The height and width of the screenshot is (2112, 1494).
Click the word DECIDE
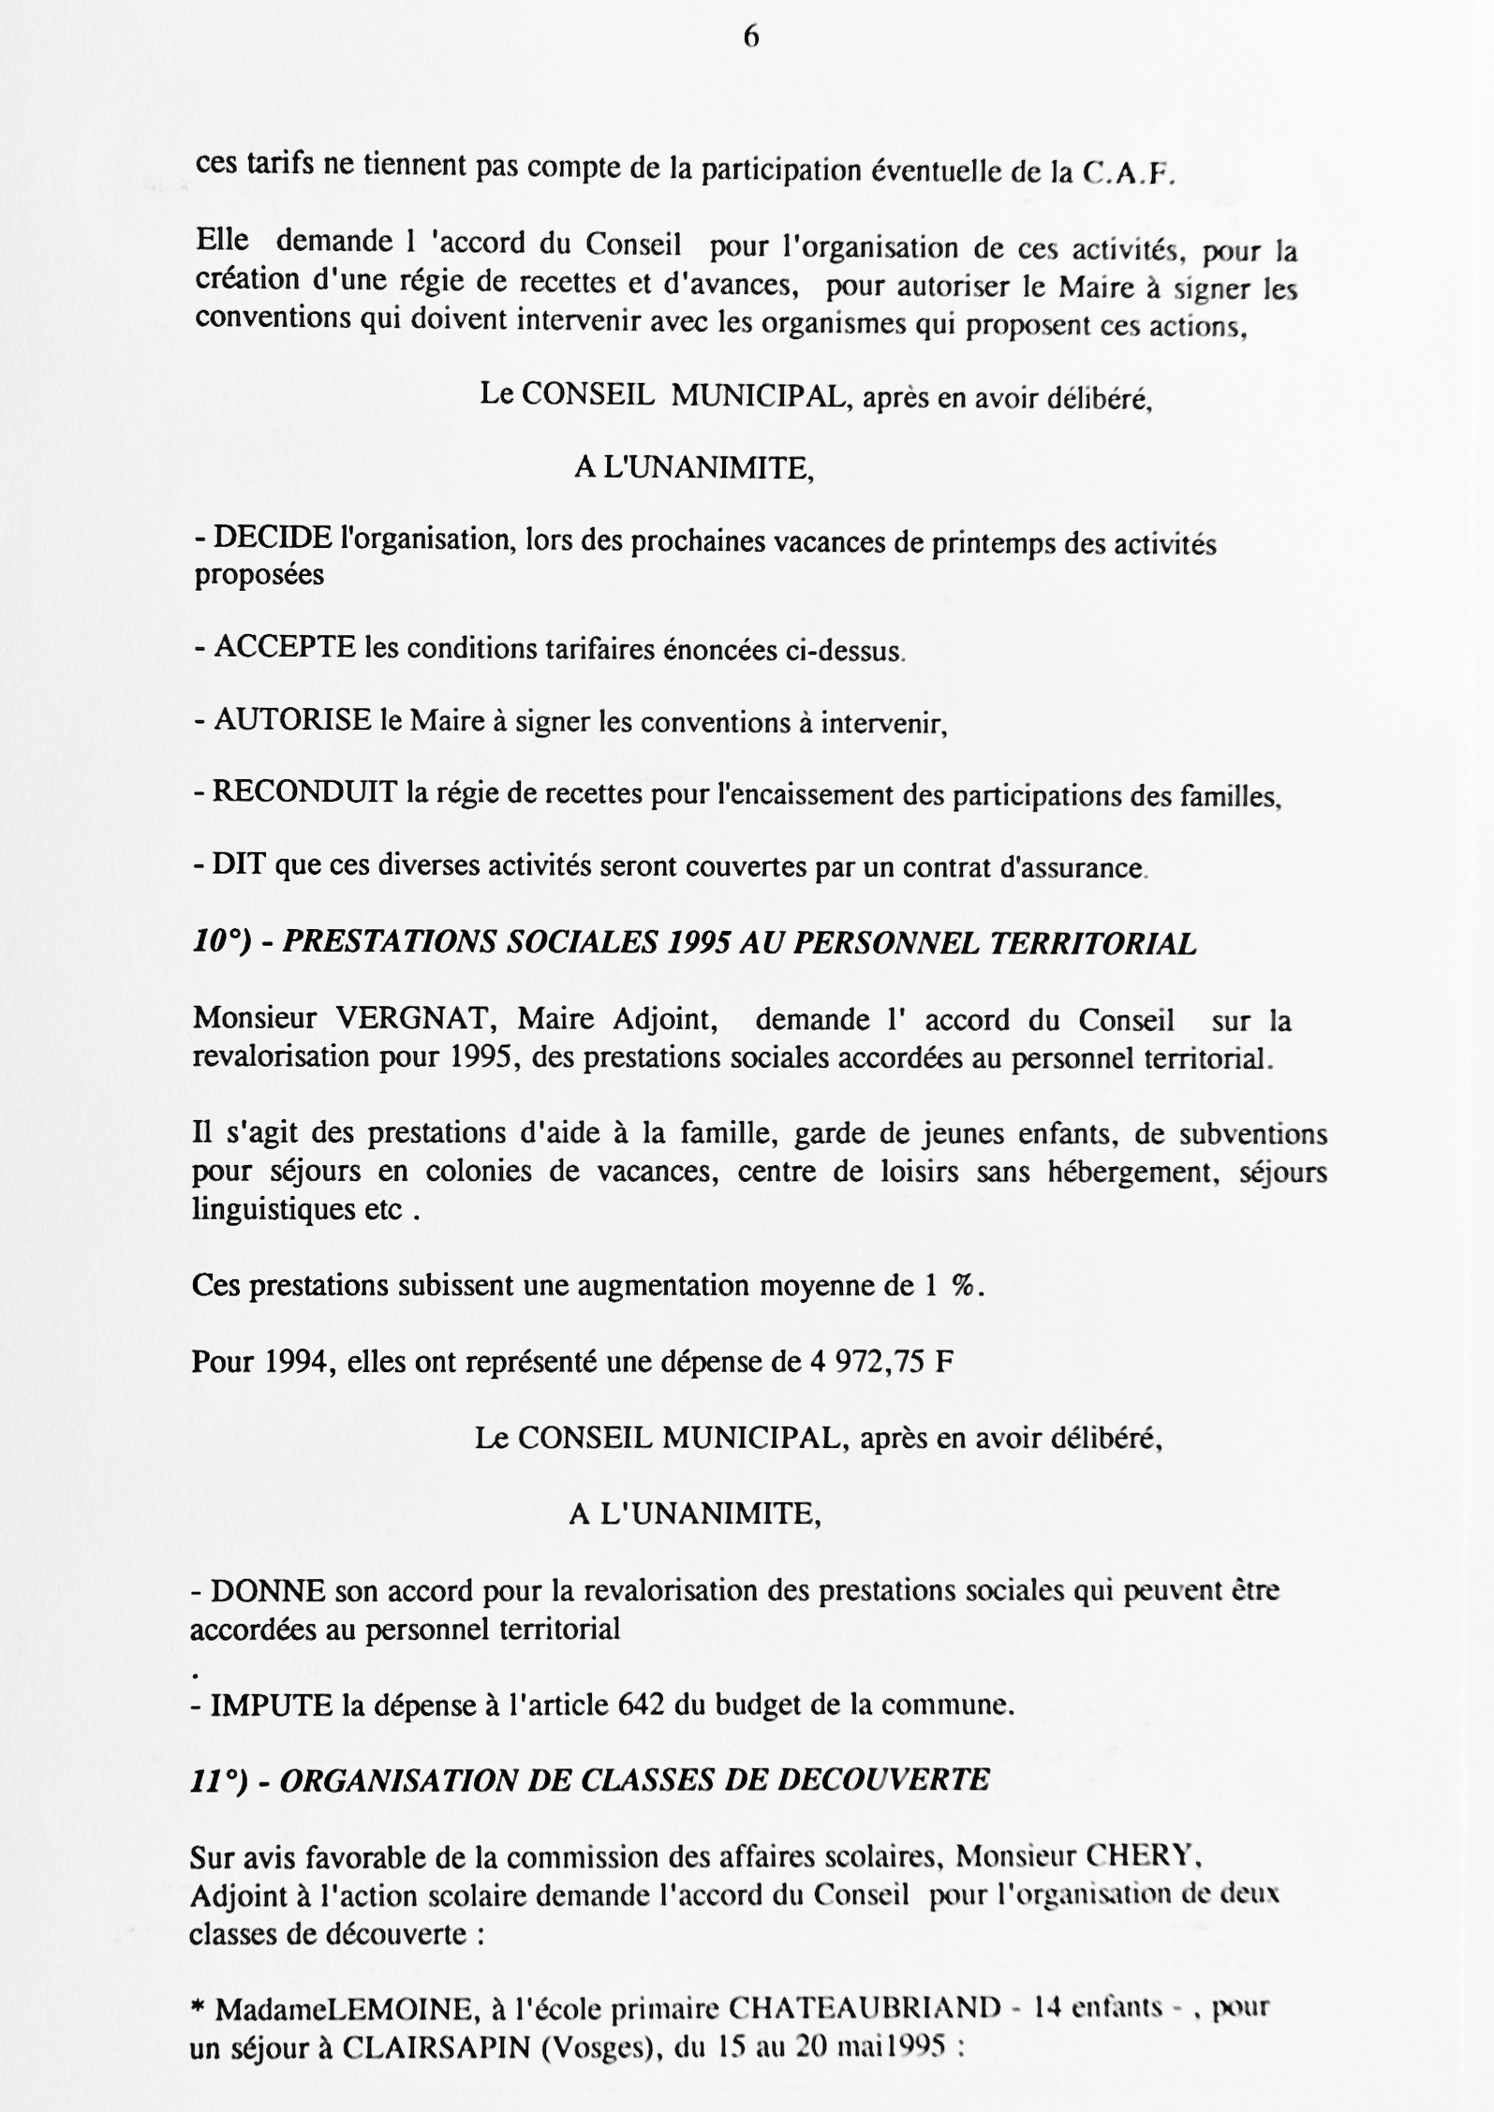(x=273, y=538)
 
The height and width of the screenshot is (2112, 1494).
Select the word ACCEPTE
(x=285, y=647)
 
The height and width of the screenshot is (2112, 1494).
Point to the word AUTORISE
(x=292, y=720)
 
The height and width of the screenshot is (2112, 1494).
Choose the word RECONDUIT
(x=304, y=792)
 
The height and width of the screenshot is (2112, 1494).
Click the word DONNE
(x=267, y=1591)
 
